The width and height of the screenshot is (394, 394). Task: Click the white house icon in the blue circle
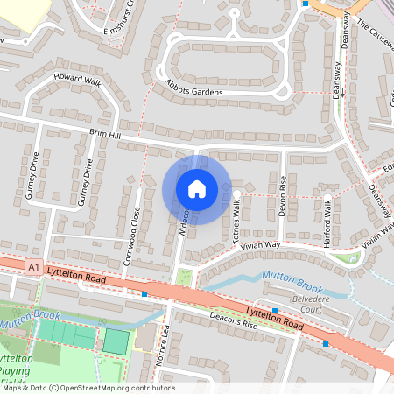tap(196, 188)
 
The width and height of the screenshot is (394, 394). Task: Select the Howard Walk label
tap(78, 81)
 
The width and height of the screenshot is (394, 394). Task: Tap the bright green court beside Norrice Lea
tap(115, 341)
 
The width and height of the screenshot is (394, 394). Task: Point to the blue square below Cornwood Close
tap(144, 294)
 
